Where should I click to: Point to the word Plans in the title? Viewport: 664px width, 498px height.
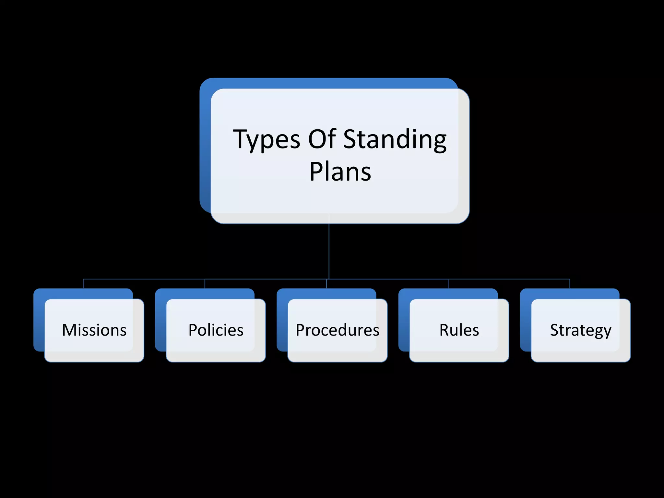(x=340, y=172)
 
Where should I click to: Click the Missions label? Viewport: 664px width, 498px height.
(x=94, y=330)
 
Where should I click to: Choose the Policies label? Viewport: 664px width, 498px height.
(x=216, y=330)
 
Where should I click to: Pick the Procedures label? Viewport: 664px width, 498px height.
(x=338, y=330)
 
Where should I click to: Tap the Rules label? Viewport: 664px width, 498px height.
(x=459, y=330)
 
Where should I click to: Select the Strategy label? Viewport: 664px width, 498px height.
(x=581, y=330)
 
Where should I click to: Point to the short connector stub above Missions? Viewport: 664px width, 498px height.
(x=83, y=284)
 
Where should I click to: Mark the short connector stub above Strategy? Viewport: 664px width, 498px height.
(x=570, y=284)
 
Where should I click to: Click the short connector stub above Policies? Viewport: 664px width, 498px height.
(x=205, y=284)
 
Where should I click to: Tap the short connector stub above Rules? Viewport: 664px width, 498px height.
(x=448, y=284)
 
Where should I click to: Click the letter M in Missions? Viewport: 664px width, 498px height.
(x=69, y=330)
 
